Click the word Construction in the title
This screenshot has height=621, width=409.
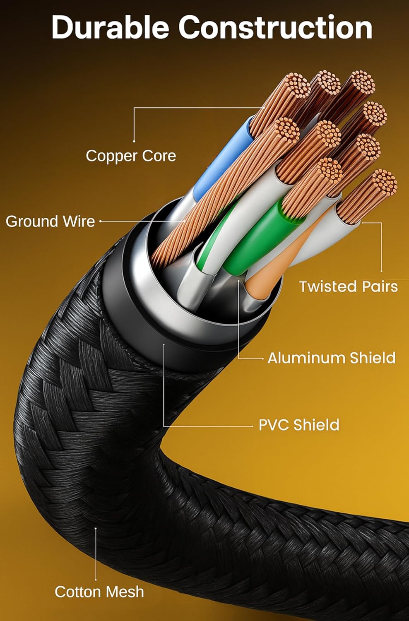[x=275, y=28]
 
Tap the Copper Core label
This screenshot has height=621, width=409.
[x=131, y=156]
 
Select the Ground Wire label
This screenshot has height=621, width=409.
[x=50, y=221]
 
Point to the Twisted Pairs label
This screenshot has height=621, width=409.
[x=348, y=286]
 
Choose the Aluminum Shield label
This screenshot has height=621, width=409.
[x=331, y=358]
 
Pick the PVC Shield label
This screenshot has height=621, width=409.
[x=298, y=425]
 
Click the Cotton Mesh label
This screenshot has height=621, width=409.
[x=99, y=592]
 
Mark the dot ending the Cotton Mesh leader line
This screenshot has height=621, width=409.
[x=96, y=528]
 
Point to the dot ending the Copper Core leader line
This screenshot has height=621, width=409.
[x=134, y=141]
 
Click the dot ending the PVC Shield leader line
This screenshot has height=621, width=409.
[x=164, y=344]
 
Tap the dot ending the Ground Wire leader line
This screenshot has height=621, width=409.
[x=101, y=221]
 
